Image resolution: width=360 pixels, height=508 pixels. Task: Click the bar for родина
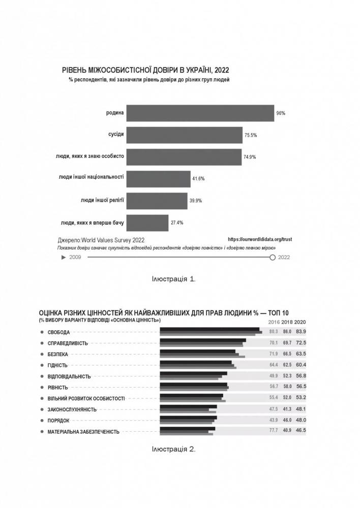200,113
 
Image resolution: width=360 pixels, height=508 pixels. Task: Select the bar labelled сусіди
184,135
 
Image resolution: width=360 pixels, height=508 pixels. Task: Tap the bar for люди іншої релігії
157,201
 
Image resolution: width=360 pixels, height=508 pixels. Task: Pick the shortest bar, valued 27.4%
147,223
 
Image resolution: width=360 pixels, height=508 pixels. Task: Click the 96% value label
281,113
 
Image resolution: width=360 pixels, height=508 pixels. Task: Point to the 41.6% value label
198,179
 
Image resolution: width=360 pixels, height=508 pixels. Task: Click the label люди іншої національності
92,177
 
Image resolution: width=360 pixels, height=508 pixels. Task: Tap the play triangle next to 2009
63,258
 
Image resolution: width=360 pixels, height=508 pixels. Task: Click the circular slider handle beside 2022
273,258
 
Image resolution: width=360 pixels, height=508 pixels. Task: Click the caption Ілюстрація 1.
173,279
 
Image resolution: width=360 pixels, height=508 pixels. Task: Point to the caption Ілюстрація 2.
173,449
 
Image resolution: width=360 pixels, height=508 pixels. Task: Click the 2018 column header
287,322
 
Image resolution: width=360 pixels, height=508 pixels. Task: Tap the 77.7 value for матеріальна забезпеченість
274,431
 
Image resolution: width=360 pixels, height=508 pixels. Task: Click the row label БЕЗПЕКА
57,354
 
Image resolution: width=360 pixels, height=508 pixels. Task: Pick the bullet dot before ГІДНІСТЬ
41,365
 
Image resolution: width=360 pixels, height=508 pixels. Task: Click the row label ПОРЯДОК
58,421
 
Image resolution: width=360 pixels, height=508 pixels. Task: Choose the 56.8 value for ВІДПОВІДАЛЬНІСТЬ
301,376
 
